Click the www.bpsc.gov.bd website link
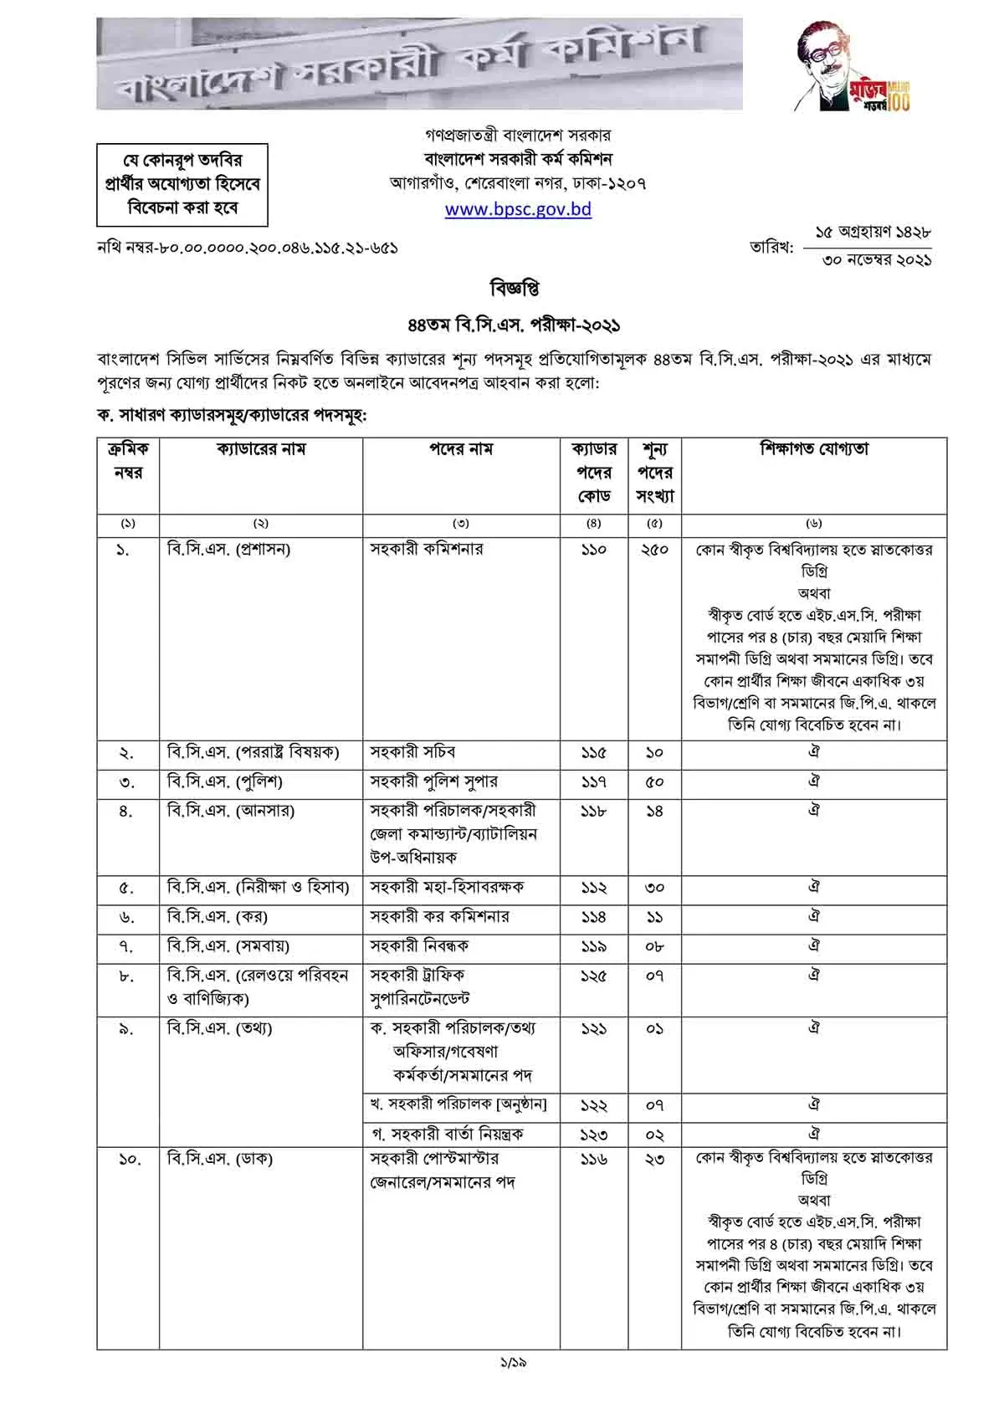coord(518,209)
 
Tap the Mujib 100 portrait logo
coord(853,67)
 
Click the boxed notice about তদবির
coord(182,183)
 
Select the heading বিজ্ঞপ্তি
coord(514,289)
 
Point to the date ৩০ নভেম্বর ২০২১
coord(877,260)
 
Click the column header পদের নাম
coord(461,450)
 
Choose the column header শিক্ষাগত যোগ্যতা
coord(814,449)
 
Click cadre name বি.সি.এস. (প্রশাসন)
coord(229,550)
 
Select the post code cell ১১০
coord(593,551)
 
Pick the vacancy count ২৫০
coord(654,551)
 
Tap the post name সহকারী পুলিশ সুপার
coord(434,781)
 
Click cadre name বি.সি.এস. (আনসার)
coord(231,811)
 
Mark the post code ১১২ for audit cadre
coord(593,888)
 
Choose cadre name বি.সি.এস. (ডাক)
coord(220,1160)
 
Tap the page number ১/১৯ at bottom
coord(513,1361)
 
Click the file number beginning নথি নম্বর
coord(248,248)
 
